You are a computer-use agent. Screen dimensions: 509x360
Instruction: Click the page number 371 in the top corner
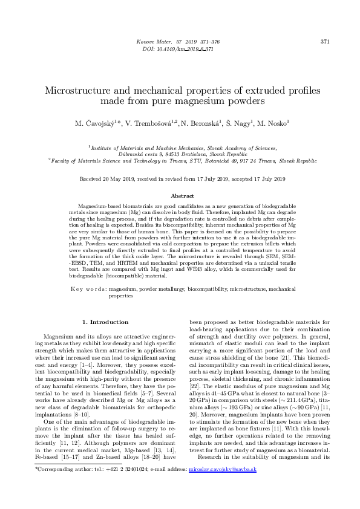tap(324, 42)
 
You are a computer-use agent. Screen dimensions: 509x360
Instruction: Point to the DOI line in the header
tap(180, 45)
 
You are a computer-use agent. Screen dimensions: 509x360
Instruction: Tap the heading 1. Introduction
tap(105, 322)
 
